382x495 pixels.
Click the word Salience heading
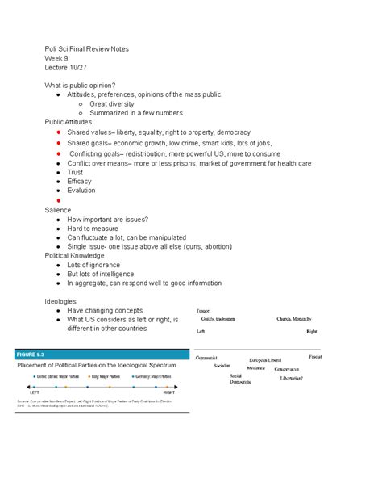58,210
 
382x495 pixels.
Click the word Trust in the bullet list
75,172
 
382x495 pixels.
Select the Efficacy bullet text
81,182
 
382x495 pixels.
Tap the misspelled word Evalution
81,191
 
